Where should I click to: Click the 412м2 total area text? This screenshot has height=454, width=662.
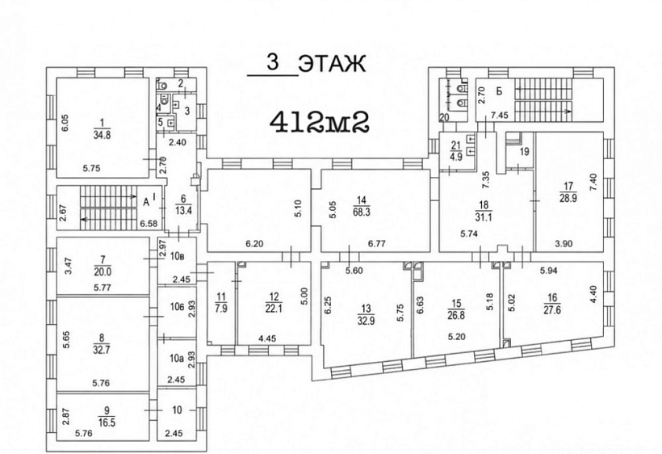coord(320,123)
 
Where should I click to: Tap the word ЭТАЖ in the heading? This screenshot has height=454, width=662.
coord(332,64)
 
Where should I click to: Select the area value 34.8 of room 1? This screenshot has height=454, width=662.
coord(102,135)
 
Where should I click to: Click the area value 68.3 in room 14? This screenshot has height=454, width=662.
coord(362,211)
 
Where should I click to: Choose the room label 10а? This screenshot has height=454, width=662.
coord(177,359)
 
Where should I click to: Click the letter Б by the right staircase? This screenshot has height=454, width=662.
coord(499,90)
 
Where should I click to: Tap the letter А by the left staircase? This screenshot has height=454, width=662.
coord(146,203)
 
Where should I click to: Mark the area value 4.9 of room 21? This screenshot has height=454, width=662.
coord(456,154)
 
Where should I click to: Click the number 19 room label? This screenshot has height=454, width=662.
coord(525,152)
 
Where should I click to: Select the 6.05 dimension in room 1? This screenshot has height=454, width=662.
coord(65,124)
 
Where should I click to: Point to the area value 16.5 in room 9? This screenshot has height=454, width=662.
coord(107,422)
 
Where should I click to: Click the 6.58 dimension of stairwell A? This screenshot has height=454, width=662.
coord(150,223)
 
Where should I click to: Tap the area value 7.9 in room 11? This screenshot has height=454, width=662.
coord(221,308)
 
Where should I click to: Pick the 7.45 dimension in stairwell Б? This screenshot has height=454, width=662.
coord(500,116)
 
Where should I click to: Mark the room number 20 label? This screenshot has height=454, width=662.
coord(444,118)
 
